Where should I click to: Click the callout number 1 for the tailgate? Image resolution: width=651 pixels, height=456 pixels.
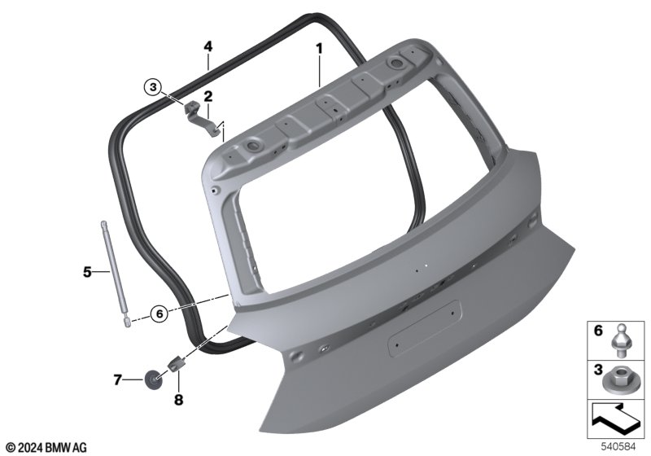(x=319, y=49)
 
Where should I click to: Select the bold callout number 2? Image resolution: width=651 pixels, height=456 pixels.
(x=208, y=96)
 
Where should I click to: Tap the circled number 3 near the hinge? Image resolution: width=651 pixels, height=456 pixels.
(x=154, y=87)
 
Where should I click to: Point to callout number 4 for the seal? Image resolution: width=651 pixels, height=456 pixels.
(x=208, y=46)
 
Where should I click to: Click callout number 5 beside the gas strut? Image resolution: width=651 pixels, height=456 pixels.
(x=87, y=272)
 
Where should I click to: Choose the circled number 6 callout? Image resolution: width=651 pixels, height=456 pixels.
(x=159, y=314)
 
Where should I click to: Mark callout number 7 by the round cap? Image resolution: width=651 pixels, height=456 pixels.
(x=117, y=379)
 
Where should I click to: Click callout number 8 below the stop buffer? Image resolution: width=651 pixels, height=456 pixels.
(x=178, y=400)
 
